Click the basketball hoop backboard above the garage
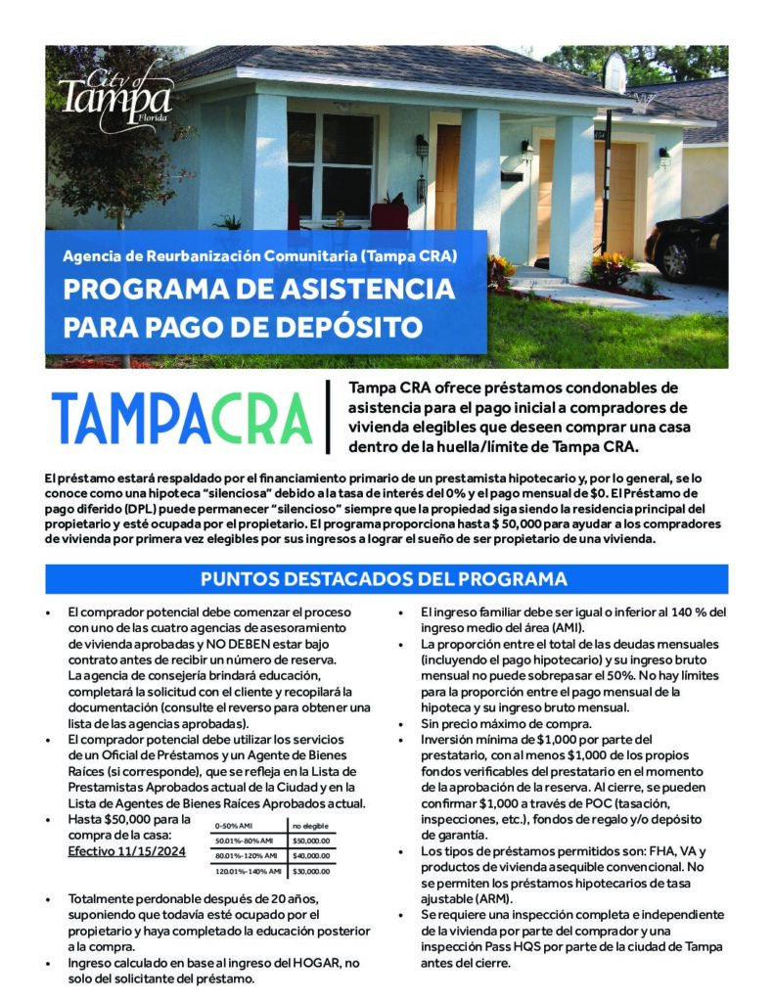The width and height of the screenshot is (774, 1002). [615, 72]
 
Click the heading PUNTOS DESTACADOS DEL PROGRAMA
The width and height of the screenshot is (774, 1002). [385, 578]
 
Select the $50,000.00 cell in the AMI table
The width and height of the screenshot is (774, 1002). [311, 840]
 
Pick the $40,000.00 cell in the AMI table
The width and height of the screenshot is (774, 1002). [311, 855]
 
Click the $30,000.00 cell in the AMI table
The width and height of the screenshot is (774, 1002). [311, 871]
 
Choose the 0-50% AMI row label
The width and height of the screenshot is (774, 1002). [234, 825]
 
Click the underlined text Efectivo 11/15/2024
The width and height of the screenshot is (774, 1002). [126, 851]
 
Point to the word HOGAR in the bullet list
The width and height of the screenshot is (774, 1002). [307, 963]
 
